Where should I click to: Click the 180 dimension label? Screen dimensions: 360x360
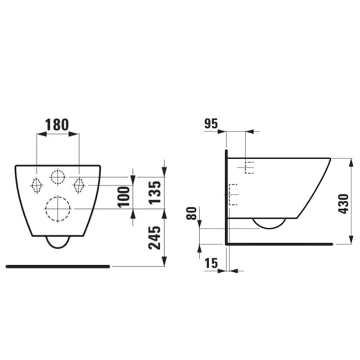(x=58, y=124)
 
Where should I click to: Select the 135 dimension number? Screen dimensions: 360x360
(x=154, y=193)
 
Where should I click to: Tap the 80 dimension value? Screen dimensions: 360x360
(x=191, y=212)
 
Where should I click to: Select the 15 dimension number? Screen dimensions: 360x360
(x=211, y=264)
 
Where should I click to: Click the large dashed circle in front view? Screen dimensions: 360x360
(x=58, y=209)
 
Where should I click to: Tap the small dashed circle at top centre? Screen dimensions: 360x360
(x=58, y=177)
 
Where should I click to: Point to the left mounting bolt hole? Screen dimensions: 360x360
(x=36, y=184)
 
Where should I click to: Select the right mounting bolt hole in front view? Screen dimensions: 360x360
(x=79, y=184)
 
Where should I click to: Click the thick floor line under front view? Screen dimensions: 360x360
(x=58, y=266)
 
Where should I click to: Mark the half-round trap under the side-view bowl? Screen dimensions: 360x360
(x=269, y=224)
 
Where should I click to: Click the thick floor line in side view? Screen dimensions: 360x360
(x=279, y=244)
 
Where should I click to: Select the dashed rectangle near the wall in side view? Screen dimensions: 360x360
(x=233, y=195)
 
